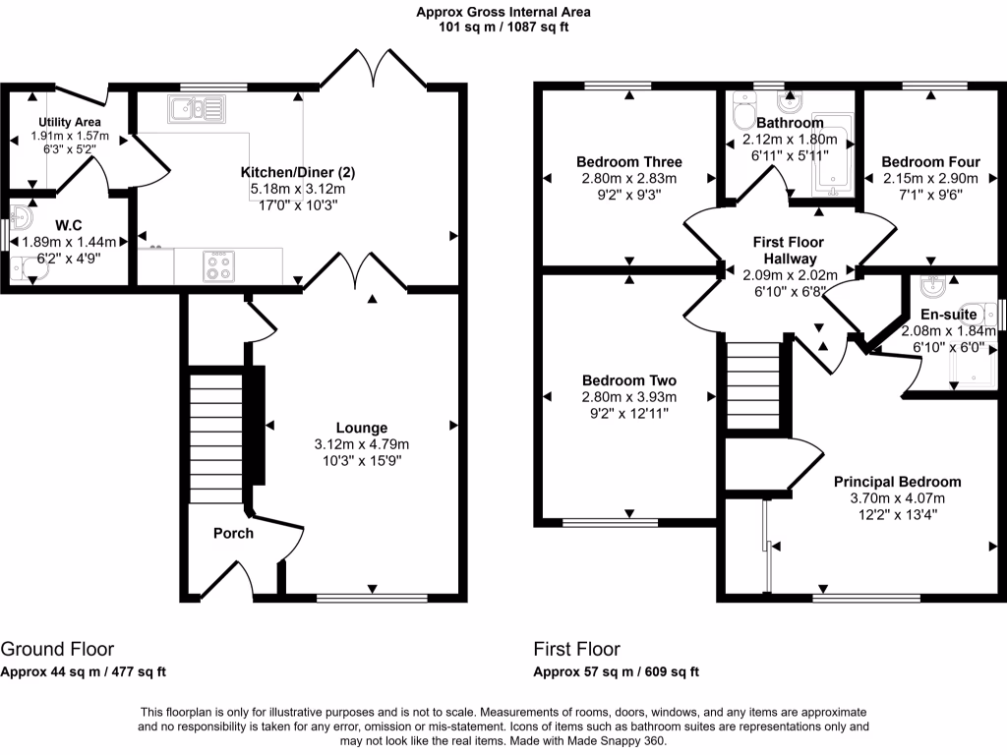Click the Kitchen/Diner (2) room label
298,172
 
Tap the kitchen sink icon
197,107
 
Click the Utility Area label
70,122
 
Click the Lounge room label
362,428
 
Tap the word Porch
233,534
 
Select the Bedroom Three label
629,162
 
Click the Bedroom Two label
629,380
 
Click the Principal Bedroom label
897,482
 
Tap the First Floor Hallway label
789,250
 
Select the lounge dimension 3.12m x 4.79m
362,443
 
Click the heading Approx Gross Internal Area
503,13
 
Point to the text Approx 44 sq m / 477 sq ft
83,672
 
